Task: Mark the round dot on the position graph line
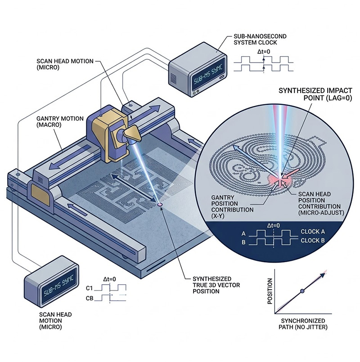point(302,291)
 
